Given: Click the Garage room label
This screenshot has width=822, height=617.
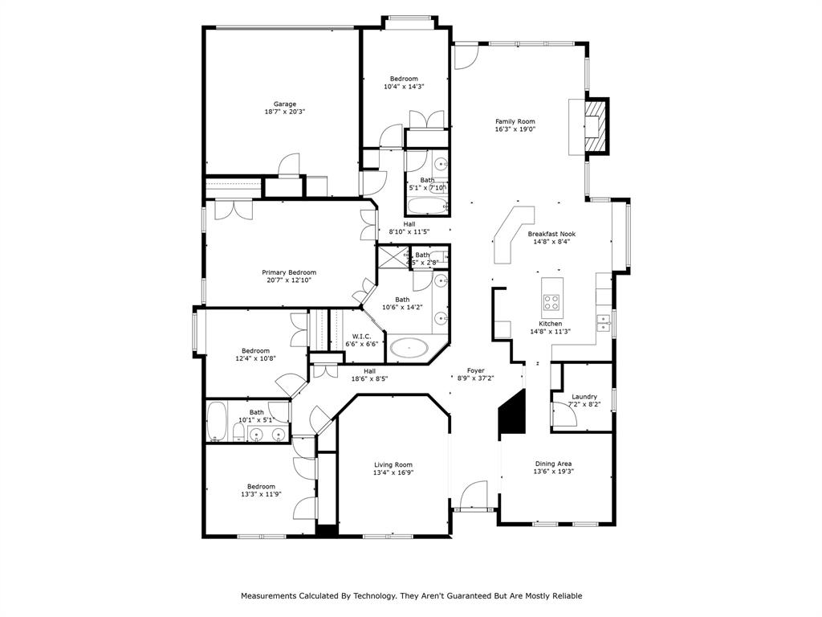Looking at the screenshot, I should (x=285, y=104).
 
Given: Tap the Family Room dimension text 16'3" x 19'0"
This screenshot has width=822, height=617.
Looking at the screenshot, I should (x=515, y=129).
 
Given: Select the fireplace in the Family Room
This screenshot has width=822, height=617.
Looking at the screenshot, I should (x=593, y=125).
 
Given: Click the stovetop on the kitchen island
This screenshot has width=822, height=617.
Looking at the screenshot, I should (x=551, y=302).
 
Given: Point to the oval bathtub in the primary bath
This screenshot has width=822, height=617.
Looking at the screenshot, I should (x=410, y=349).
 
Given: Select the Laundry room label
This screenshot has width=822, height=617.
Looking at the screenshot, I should (x=584, y=397).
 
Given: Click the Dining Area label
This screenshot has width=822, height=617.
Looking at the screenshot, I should (x=554, y=464).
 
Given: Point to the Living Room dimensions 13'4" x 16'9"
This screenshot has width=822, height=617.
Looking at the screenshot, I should (x=393, y=472).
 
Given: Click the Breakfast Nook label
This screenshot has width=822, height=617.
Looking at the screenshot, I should (x=551, y=234).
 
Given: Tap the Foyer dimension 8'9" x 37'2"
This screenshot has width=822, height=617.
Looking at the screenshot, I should (x=475, y=378).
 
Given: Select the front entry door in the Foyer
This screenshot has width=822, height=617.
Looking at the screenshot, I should (x=474, y=496).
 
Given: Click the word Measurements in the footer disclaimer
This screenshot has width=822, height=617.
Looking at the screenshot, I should (x=268, y=596).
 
